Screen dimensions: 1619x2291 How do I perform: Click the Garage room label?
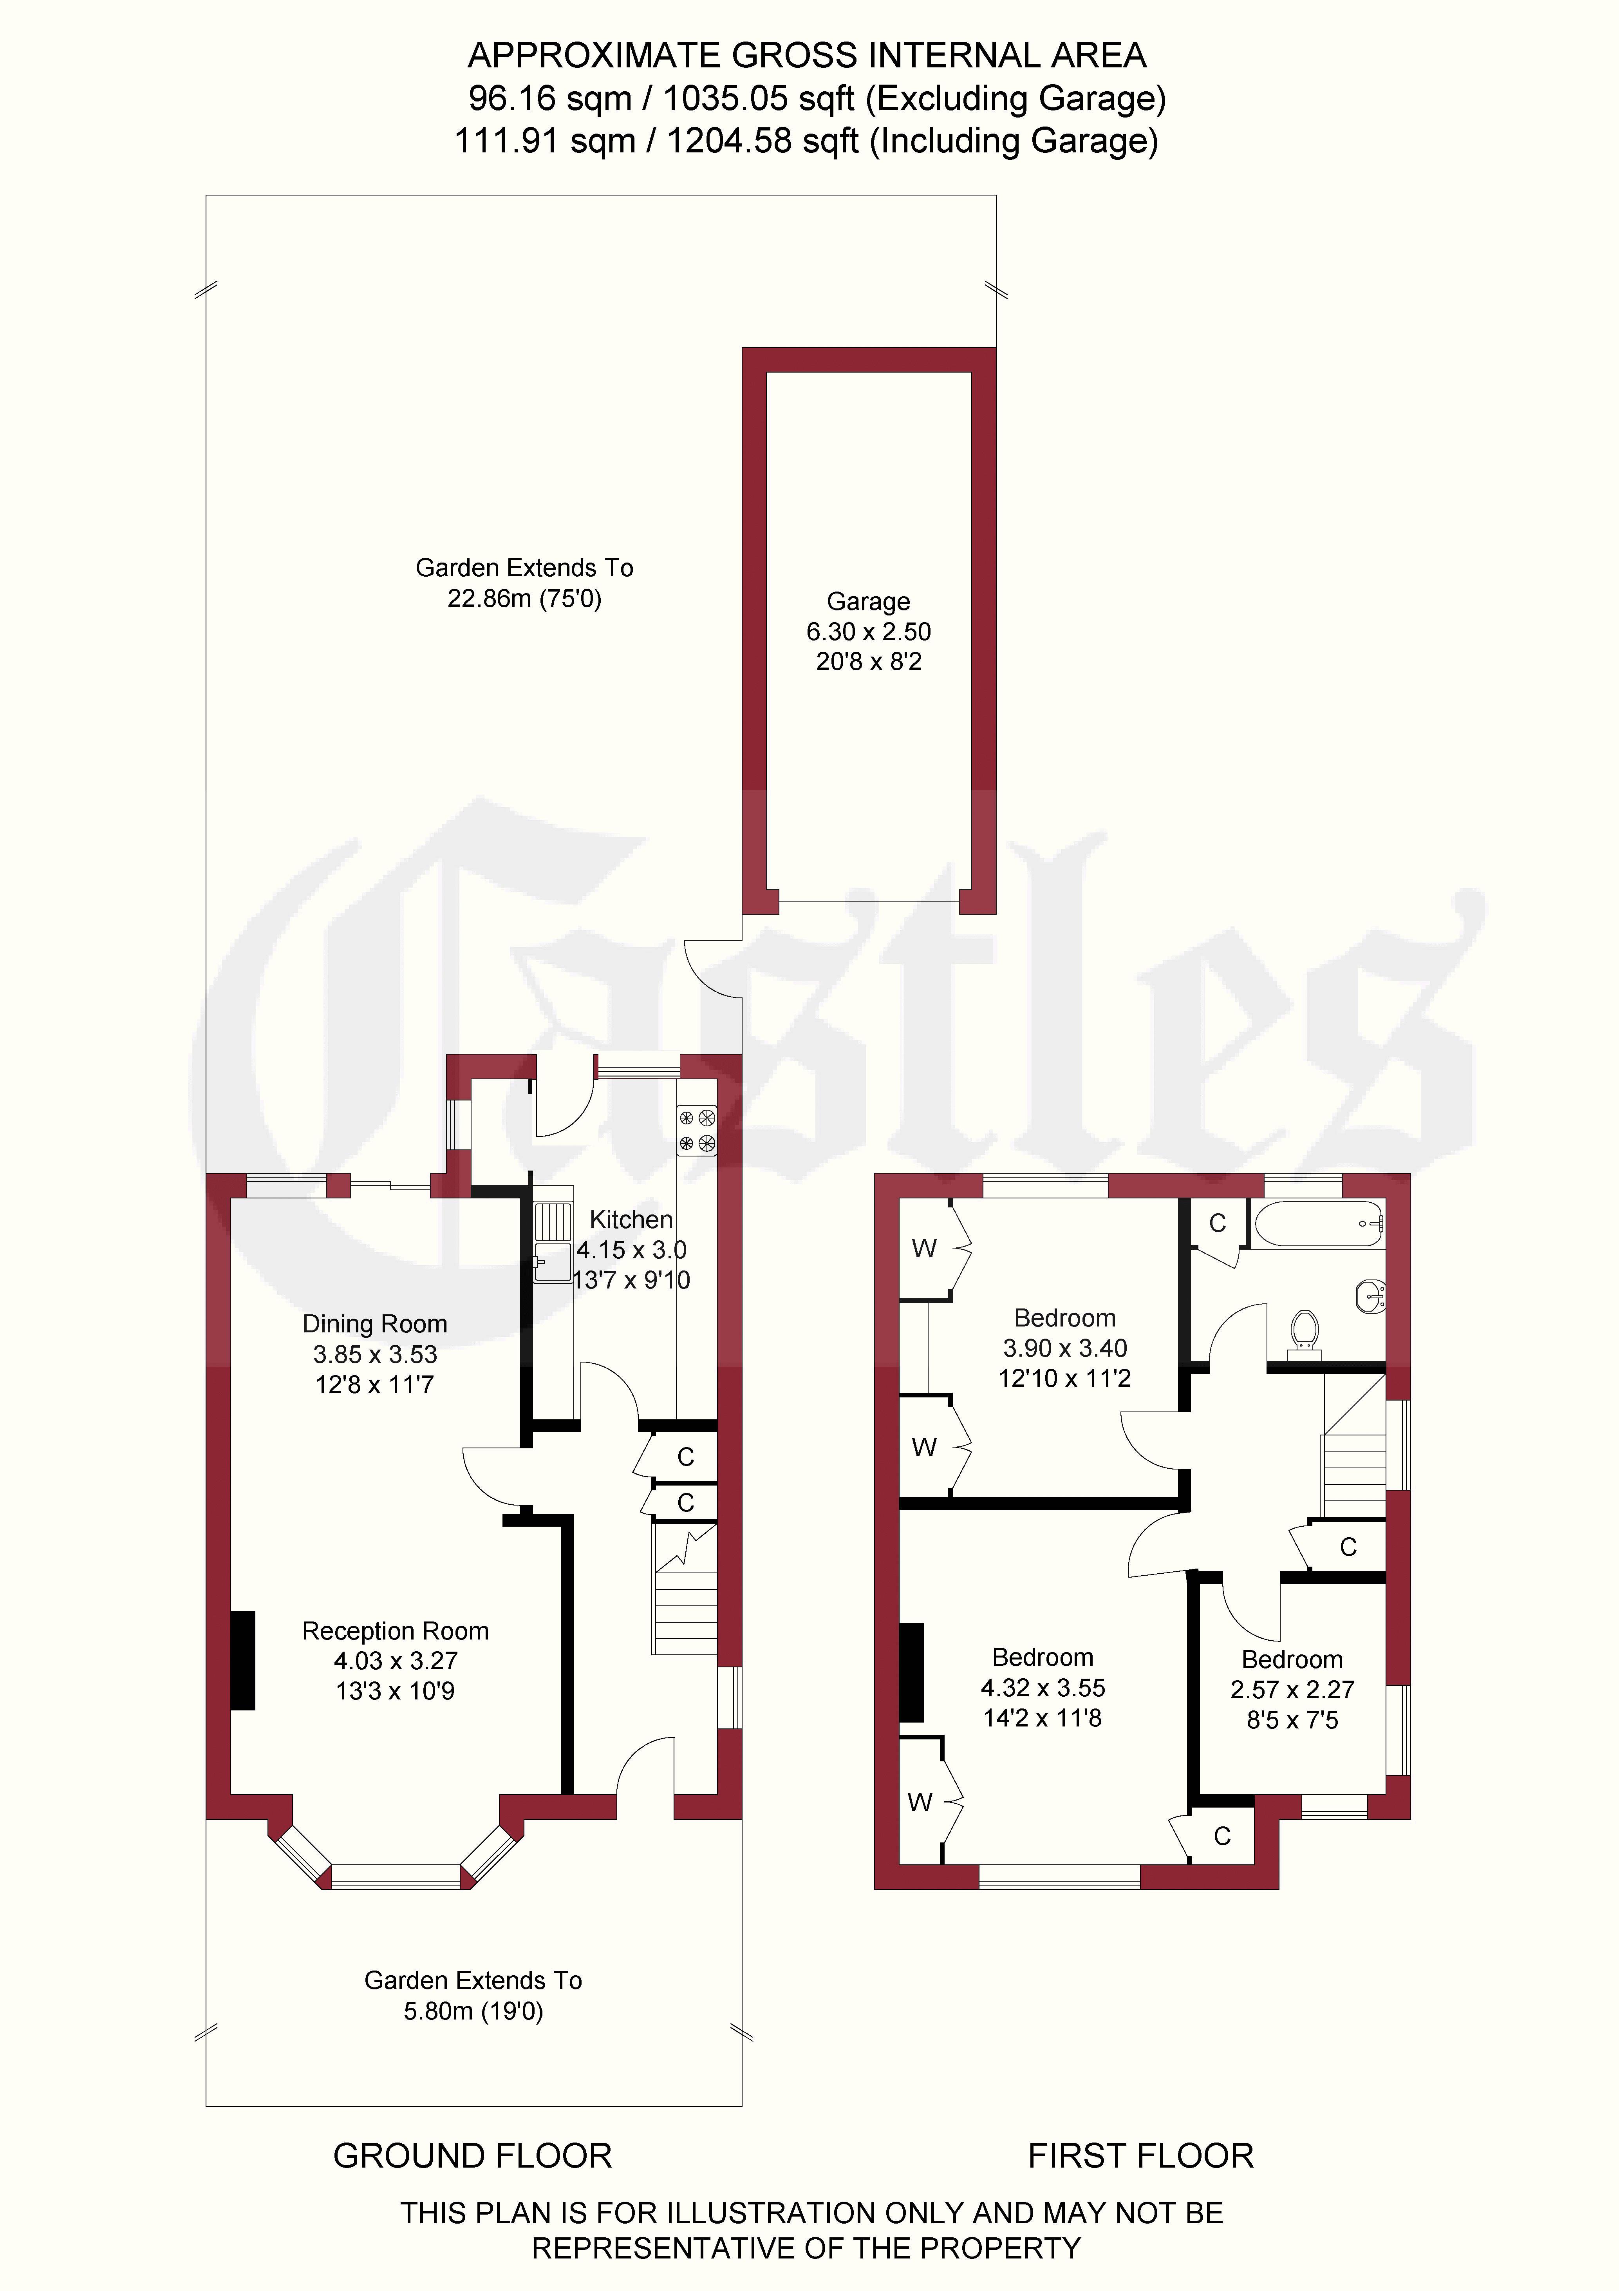click(x=868, y=602)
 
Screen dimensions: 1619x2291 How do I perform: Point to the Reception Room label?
click(x=395, y=1630)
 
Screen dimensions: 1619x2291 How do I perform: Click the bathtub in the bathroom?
click(x=1319, y=1224)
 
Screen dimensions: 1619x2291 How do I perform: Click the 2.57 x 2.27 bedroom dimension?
click(x=1292, y=1689)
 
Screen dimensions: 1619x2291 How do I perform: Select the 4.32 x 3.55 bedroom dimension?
click(x=1043, y=1687)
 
